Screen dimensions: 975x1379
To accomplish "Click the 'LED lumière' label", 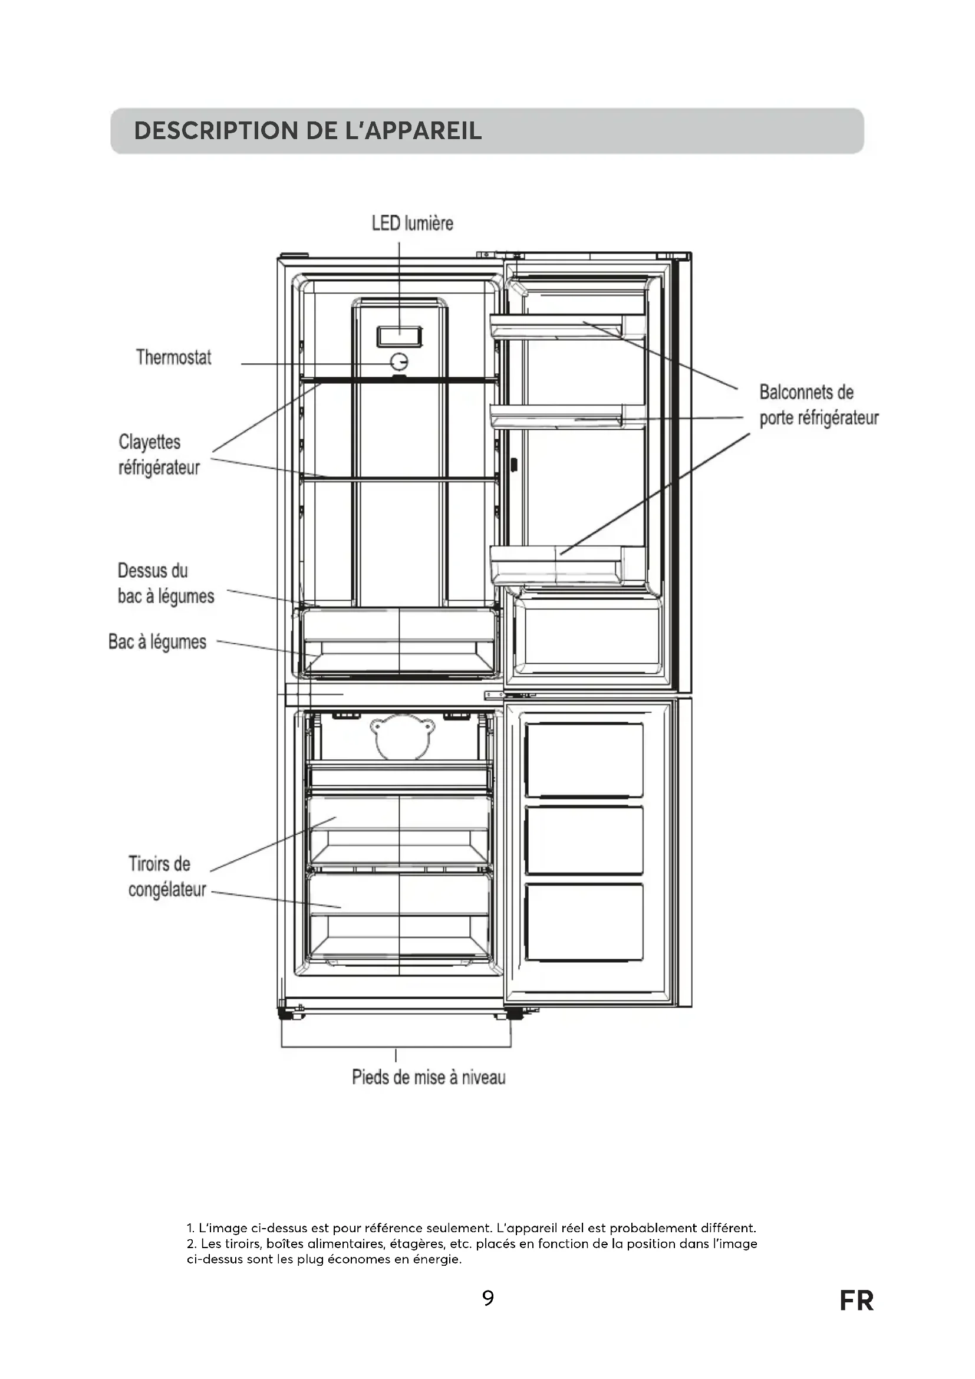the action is [412, 223].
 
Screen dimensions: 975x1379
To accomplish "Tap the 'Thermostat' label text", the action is [173, 357].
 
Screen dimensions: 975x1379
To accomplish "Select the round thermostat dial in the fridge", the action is [399, 361].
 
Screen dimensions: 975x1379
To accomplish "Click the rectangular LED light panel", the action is [399, 336].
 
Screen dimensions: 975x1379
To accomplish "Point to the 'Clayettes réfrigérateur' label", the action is [159, 455].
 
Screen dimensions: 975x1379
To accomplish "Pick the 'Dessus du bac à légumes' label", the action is [165, 583].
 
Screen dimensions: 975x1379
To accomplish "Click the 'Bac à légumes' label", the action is [157, 642].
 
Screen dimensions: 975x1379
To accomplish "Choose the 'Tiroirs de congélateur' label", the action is [166, 876].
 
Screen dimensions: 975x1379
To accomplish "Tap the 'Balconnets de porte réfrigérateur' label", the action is [818, 405].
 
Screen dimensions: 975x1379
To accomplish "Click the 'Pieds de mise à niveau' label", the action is [428, 1078].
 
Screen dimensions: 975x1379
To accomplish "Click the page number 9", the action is [488, 1298].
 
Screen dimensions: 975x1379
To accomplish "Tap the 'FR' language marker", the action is [856, 1301].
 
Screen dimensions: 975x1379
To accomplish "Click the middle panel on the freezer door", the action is [584, 840].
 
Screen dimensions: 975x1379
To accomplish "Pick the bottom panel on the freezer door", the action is [584, 922].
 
